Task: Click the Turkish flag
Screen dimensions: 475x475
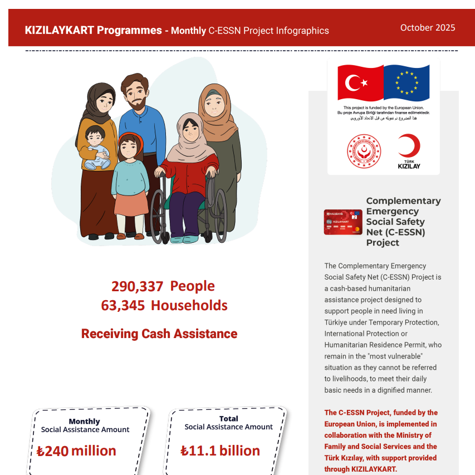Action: [361, 83]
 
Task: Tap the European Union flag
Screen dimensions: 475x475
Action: [407, 83]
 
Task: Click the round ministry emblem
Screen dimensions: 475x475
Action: [364, 151]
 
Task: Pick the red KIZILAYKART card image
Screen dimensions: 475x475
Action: [343, 222]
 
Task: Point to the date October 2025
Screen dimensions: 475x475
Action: [427, 28]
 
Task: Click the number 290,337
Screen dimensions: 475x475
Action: [137, 286]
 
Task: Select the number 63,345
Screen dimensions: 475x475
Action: [123, 306]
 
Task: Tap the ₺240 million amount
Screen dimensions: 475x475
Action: [77, 450]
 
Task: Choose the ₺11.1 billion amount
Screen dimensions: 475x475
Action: [221, 450]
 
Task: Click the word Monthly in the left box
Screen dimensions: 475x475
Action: [84, 422]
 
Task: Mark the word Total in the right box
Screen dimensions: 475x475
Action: [228, 419]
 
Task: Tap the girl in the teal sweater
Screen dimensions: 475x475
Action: [130, 173]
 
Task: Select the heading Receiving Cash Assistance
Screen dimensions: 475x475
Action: [159, 334]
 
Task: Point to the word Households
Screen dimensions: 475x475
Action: [189, 306]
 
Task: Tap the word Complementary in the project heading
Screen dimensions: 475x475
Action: [403, 201]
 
